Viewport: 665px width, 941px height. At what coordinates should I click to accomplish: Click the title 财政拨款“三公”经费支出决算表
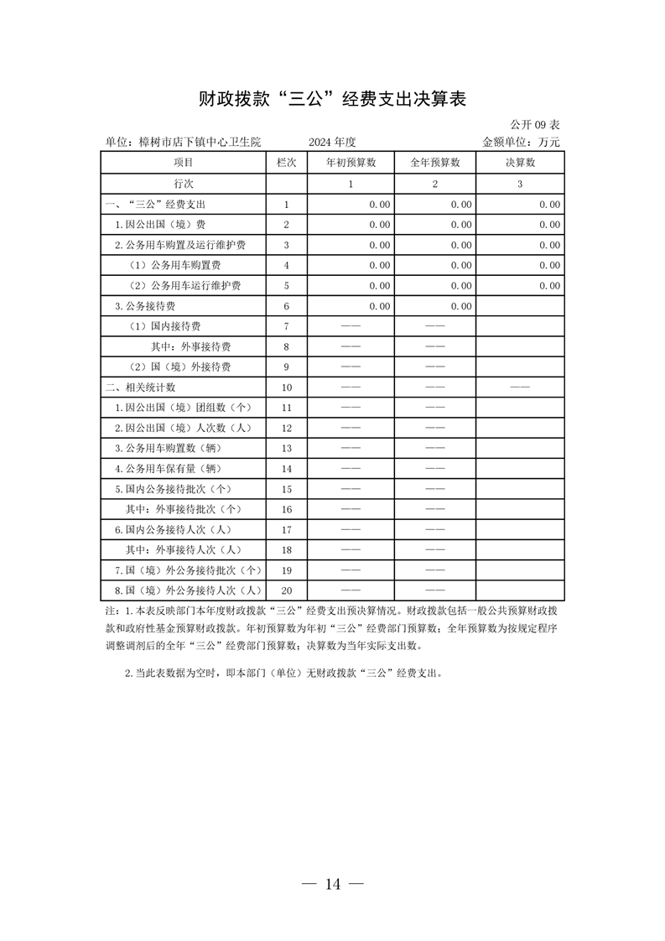click(332, 99)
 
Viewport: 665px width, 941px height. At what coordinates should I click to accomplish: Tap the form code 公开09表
click(538, 124)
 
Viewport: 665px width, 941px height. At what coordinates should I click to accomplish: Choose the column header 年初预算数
click(351, 163)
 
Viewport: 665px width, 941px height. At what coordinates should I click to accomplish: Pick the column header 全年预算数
click(435, 163)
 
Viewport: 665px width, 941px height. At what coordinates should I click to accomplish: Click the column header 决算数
click(520, 163)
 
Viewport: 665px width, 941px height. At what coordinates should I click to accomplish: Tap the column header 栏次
click(286, 163)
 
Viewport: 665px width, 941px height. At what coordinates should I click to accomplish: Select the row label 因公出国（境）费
click(160, 225)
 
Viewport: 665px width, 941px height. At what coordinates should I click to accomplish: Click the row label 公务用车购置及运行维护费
click(185, 245)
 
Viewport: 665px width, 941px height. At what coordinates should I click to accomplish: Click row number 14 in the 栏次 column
click(286, 469)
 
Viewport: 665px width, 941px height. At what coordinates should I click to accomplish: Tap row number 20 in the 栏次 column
click(286, 590)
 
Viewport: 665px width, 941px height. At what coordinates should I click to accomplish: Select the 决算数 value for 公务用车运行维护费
click(549, 286)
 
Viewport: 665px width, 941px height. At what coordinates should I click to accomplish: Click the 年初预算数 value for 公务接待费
click(379, 306)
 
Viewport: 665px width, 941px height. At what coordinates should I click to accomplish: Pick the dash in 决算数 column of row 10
click(520, 387)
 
